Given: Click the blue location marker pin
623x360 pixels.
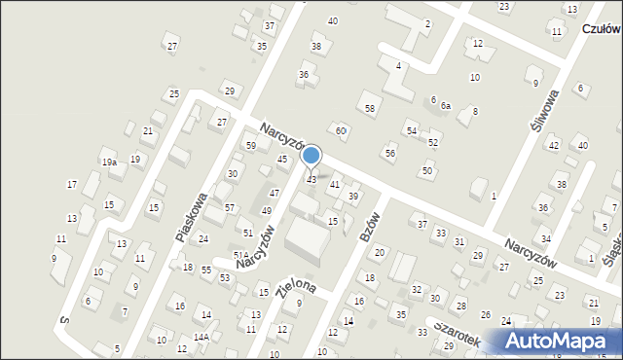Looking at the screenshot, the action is [311, 156].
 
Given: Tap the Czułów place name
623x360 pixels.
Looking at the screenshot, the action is [602, 29].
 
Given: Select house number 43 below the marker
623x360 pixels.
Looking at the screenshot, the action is [311, 180].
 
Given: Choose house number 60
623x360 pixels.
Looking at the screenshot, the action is [341, 130].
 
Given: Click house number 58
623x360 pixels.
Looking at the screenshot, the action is [370, 108].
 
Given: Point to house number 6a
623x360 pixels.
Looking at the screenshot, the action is [446, 105].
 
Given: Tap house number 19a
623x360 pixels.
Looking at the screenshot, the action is [110, 163].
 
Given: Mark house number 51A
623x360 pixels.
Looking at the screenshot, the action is [240, 255].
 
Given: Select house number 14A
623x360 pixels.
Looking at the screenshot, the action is [202, 337].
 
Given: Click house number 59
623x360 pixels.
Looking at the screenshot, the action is [250, 146].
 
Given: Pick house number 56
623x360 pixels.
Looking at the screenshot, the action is [390, 154].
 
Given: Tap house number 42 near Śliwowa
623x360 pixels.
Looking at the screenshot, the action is [553, 146].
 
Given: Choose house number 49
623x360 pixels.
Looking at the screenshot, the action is [267, 210].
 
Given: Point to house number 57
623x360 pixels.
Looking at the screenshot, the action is [230, 208].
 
